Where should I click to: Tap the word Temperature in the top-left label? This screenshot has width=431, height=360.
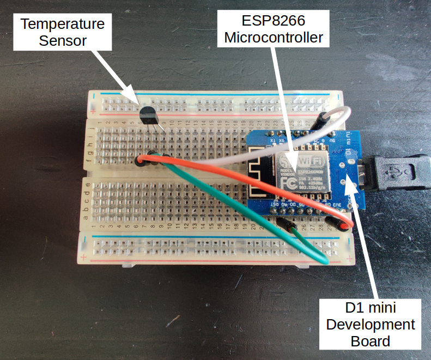click(x=63, y=25)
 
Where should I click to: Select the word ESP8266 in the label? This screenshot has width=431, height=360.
click(x=275, y=21)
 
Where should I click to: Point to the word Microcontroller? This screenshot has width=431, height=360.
click(x=275, y=38)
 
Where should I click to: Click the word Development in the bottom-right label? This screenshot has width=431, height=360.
click(x=371, y=325)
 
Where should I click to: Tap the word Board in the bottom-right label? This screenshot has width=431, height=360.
click(x=371, y=341)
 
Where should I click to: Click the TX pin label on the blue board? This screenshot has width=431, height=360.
click(x=271, y=140)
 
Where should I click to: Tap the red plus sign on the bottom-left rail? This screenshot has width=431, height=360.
click(x=83, y=256)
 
